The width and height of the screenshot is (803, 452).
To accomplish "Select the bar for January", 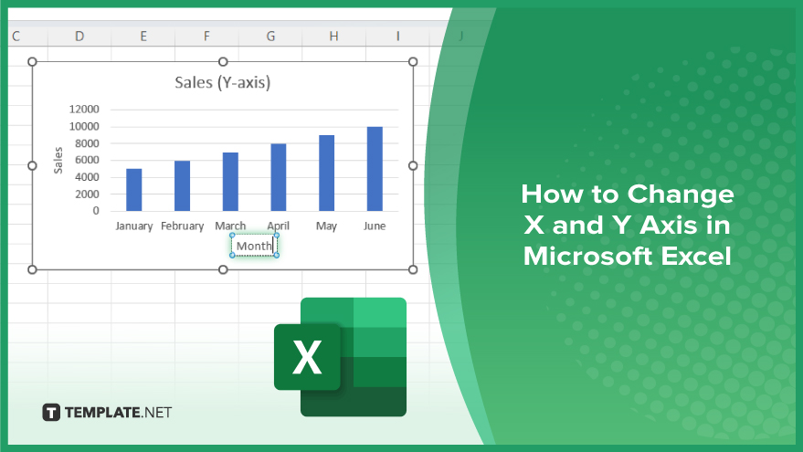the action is click(x=133, y=189).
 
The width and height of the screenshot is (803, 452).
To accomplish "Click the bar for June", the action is click(x=375, y=168).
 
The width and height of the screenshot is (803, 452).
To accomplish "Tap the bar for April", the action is click(x=278, y=177).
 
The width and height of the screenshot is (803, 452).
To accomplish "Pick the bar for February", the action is click(x=182, y=185).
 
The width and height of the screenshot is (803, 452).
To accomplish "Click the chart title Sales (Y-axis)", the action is click(x=223, y=82).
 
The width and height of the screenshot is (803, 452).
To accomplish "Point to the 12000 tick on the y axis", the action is click(x=84, y=109).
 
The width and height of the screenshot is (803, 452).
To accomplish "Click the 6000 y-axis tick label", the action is click(x=87, y=160).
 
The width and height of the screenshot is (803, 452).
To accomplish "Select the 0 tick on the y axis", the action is click(x=96, y=210).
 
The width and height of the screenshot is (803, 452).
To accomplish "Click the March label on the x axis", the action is click(x=230, y=226).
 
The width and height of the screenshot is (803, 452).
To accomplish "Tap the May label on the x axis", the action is click(x=326, y=226).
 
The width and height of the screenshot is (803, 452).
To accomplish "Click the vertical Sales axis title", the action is click(x=58, y=160).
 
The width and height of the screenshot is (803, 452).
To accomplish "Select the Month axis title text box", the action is click(x=254, y=246).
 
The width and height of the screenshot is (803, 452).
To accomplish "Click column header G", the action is click(x=270, y=37).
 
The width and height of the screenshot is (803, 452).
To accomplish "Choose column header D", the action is click(x=79, y=37).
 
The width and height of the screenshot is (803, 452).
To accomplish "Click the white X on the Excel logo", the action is click(x=307, y=357).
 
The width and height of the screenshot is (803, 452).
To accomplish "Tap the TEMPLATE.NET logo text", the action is click(x=118, y=412).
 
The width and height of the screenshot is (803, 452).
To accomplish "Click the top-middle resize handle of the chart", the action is click(x=223, y=62).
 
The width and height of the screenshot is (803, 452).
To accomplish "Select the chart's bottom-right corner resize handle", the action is click(x=413, y=269).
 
